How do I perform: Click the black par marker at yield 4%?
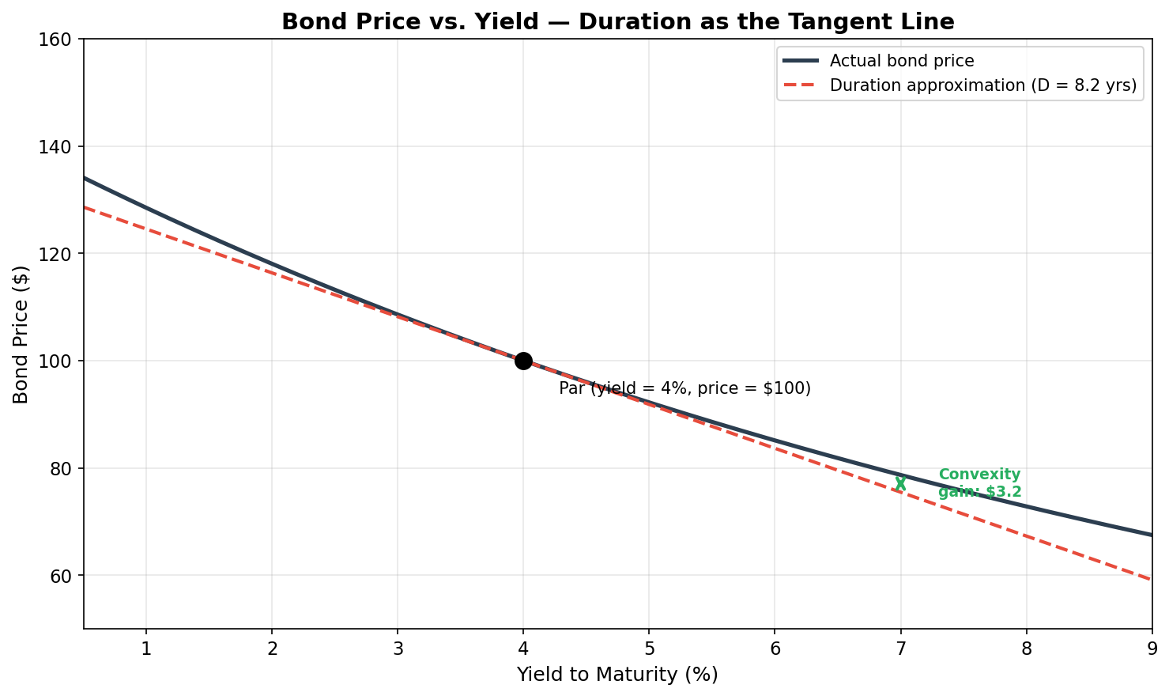pos(523,361)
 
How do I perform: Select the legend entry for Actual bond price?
pos(901,61)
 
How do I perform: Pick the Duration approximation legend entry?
pos(982,85)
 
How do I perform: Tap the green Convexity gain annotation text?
pos(979,483)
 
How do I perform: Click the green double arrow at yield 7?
pos(900,483)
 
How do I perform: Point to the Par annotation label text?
pos(684,388)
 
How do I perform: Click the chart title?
pos(617,21)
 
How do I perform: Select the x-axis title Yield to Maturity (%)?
pos(617,675)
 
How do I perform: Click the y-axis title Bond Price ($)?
pos(21,335)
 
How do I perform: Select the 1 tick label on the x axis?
pos(146,649)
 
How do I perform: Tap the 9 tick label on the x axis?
pos(1152,649)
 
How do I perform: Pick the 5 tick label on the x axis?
pos(649,649)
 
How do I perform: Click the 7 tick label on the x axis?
pos(900,649)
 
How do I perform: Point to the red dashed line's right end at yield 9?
pos(1150,579)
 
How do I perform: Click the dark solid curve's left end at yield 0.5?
pos(85,179)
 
